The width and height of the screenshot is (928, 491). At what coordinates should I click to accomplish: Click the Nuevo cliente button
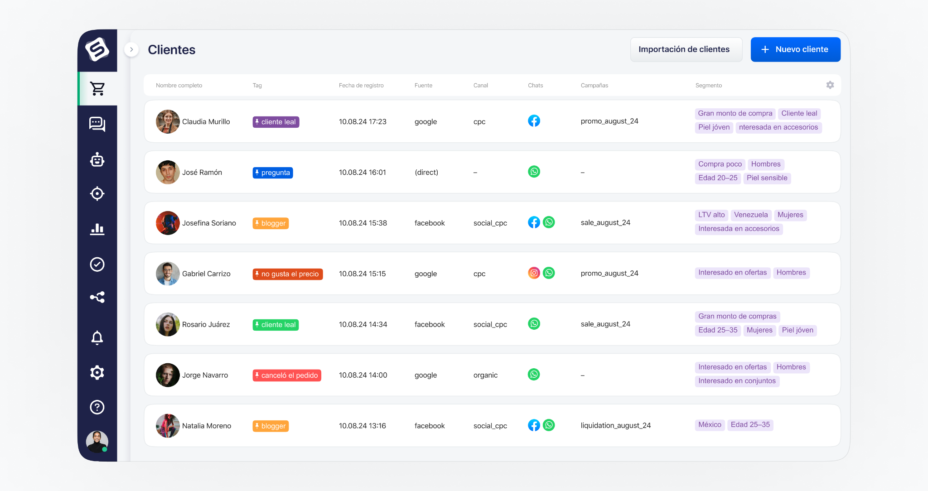(x=795, y=49)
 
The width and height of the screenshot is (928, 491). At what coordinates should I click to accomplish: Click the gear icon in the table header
(x=830, y=85)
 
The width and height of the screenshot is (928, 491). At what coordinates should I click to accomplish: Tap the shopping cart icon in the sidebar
(x=97, y=89)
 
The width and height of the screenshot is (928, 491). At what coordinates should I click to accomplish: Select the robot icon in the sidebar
(x=97, y=159)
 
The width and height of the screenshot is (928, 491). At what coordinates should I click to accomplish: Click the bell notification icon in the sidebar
(x=97, y=337)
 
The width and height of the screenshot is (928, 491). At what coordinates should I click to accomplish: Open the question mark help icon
(x=97, y=407)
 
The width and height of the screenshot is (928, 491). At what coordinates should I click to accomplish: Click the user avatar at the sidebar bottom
(x=97, y=441)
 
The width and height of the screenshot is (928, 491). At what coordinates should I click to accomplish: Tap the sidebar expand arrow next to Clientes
(x=131, y=49)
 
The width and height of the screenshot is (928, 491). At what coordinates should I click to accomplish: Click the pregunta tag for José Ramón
(x=273, y=173)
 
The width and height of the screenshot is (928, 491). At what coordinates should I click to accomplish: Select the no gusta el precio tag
(x=287, y=274)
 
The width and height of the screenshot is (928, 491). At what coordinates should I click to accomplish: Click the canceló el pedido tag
(x=287, y=375)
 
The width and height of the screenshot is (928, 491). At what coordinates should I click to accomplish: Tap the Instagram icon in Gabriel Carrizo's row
(x=534, y=273)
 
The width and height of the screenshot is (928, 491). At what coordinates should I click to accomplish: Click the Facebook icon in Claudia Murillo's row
(x=534, y=121)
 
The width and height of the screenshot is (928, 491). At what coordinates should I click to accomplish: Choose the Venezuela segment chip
(x=750, y=215)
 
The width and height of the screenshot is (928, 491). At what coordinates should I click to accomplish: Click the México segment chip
(x=709, y=424)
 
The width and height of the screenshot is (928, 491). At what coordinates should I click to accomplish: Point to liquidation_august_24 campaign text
(x=615, y=425)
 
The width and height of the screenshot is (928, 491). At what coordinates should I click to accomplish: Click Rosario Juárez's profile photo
(x=168, y=324)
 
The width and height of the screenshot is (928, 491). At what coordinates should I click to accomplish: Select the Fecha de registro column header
(x=361, y=85)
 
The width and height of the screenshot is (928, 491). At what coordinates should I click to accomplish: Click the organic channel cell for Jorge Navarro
(x=485, y=375)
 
